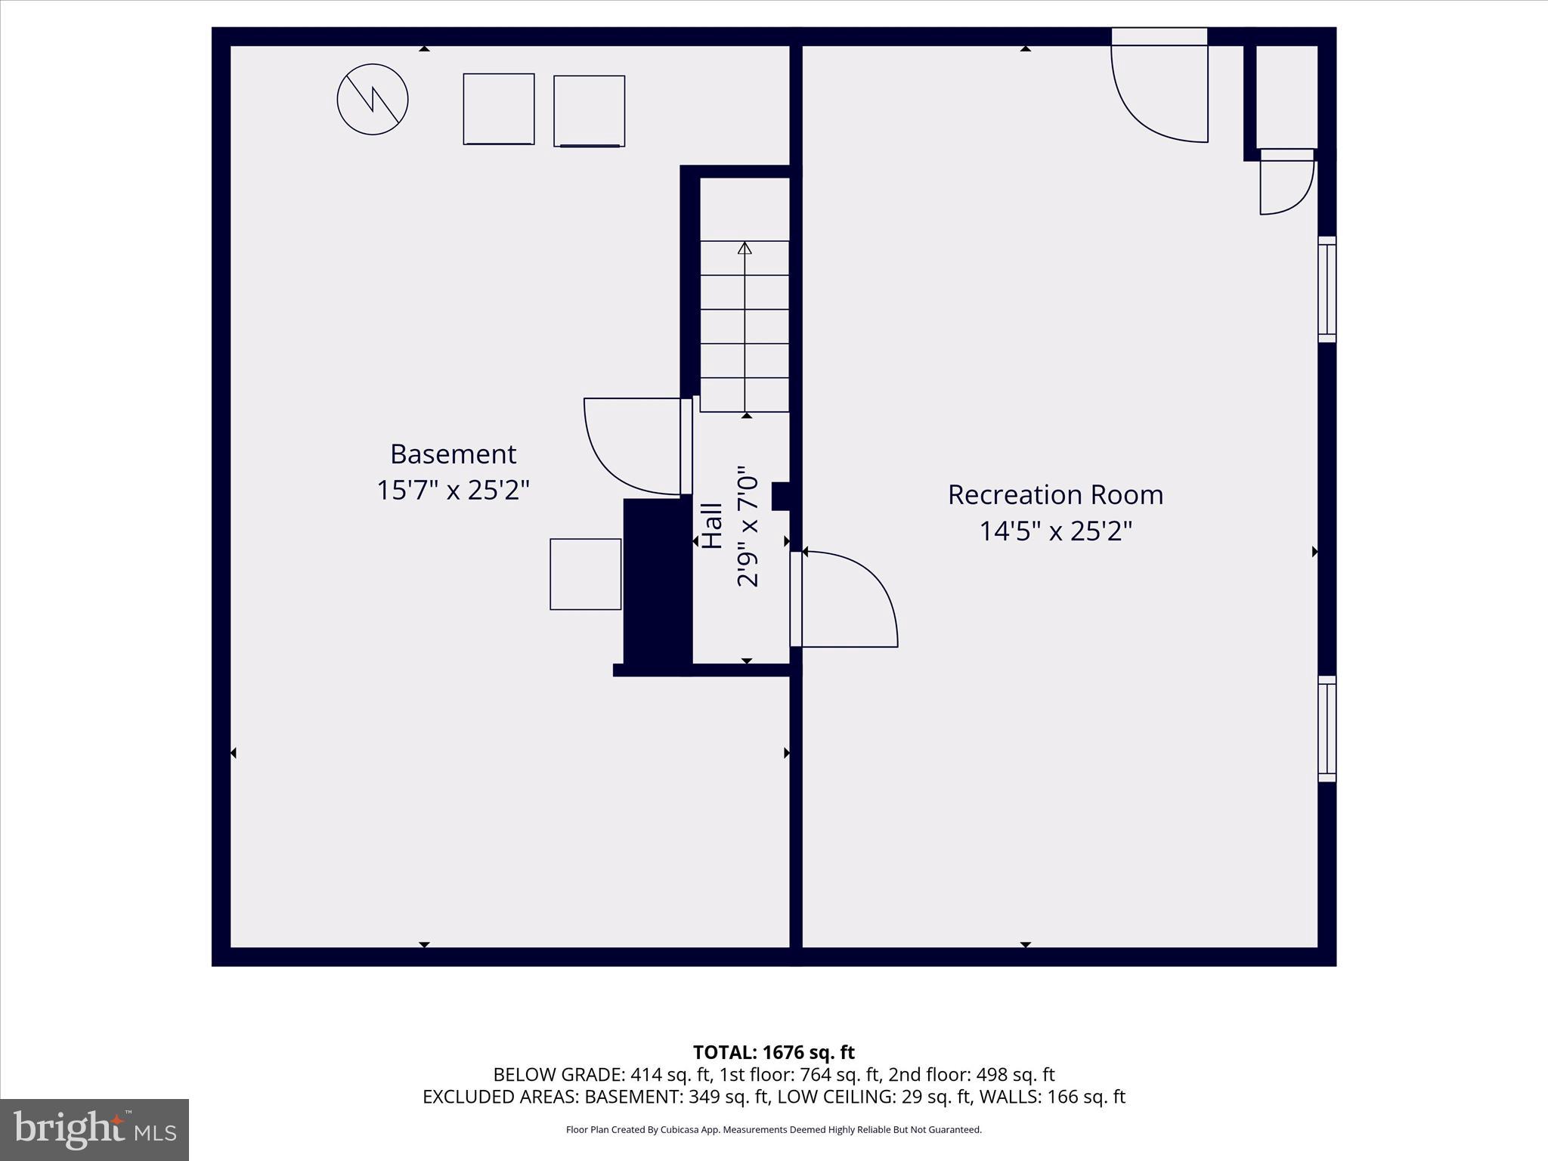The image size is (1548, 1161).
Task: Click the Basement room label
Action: click(x=453, y=454)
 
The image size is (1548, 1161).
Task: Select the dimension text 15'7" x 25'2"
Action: click(x=453, y=491)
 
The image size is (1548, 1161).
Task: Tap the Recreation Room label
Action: click(x=1055, y=495)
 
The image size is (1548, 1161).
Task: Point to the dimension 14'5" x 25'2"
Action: click(x=1055, y=531)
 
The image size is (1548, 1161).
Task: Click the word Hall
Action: click(x=712, y=526)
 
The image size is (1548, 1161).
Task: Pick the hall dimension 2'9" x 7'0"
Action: click(x=748, y=526)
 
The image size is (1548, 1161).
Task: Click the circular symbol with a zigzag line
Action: click(x=373, y=100)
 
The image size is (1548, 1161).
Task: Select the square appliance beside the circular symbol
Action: click(x=499, y=109)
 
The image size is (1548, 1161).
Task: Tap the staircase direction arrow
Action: click(x=745, y=325)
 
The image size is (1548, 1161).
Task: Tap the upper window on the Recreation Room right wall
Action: click(x=1327, y=289)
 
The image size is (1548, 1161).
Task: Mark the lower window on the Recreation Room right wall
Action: click(x=1327, y=729)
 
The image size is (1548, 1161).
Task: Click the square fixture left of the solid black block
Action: click(x=586, y=574)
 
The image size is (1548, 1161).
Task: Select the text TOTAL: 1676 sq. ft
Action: click(x=773, y=1052)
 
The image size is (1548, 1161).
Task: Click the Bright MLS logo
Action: click(x=94, y=1130)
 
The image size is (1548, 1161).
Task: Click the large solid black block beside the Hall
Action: click(x=656, y=582)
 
